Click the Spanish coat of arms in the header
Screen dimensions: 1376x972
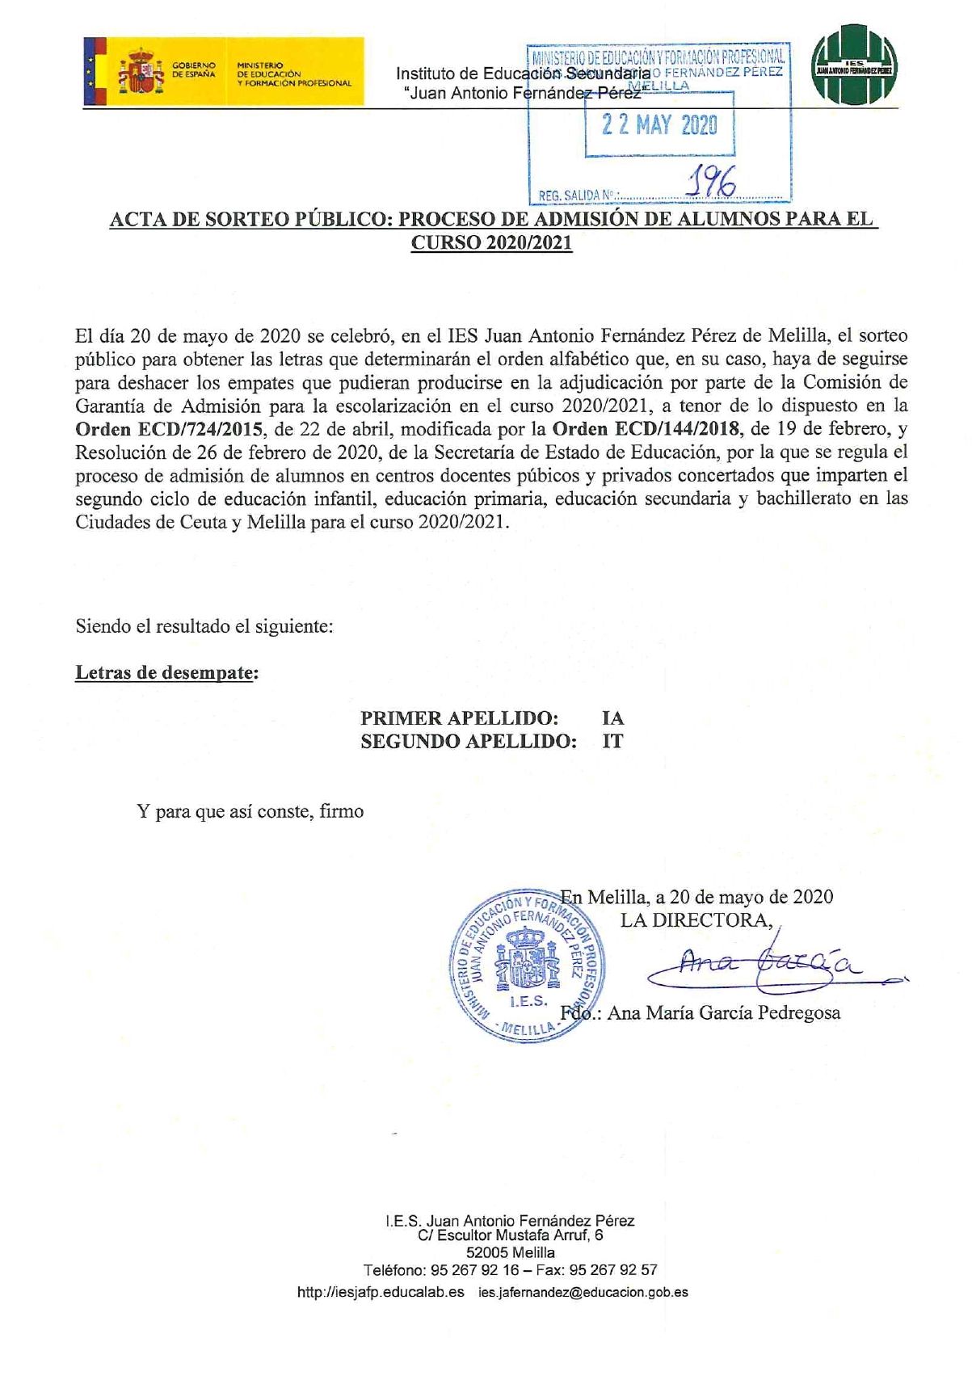coord(141,71)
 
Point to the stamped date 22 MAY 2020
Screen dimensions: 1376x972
coord(659,124)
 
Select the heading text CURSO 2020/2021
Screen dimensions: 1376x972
coord(492,242)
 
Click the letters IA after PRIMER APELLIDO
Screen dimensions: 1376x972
coord(612,717)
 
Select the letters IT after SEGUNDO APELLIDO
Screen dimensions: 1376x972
coord(612,741)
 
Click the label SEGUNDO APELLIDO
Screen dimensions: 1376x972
coord(469,741)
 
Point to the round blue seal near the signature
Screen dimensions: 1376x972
coord(526,966)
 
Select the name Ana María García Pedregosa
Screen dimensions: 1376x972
coord(723,1012)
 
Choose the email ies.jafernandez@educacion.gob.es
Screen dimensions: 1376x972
coord(583,1292)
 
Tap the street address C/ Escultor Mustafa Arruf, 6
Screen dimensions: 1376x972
coord(510,1235)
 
